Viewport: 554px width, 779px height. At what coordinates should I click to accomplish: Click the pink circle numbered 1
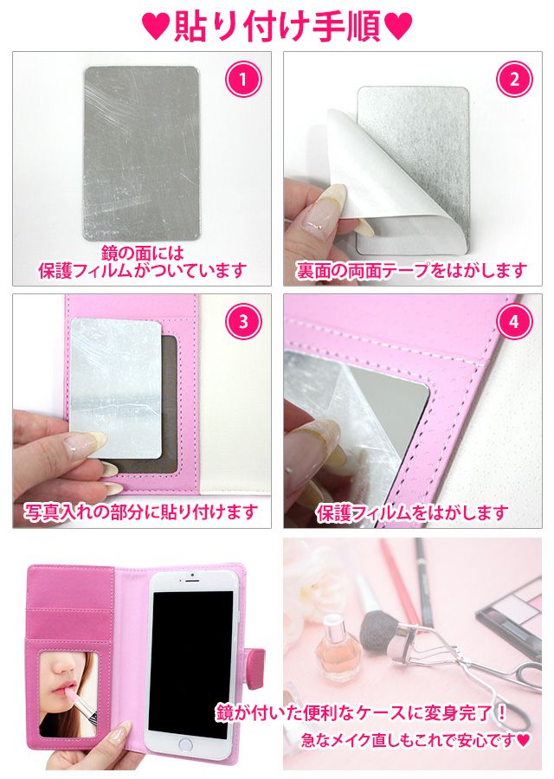click(x=243, y=79)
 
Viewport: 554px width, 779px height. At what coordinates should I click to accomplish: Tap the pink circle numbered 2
click(x=514, y=79)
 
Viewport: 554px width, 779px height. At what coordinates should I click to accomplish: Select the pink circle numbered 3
click(x=243, y=321)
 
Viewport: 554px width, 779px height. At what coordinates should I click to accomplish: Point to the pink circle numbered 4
click(x=514, y=321)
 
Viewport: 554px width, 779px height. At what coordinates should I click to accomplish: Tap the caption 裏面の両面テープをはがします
click(x=412, y=271)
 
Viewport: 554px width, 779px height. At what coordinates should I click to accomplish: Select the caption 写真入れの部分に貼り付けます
click(x=142, y=512)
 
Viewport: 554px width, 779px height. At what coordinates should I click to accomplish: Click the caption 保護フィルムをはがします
click(x=412, y=512)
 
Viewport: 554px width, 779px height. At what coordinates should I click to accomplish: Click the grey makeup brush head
click(x=380, y=628)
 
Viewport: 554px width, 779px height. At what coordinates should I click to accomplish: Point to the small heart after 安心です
click(x=523, y=741)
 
